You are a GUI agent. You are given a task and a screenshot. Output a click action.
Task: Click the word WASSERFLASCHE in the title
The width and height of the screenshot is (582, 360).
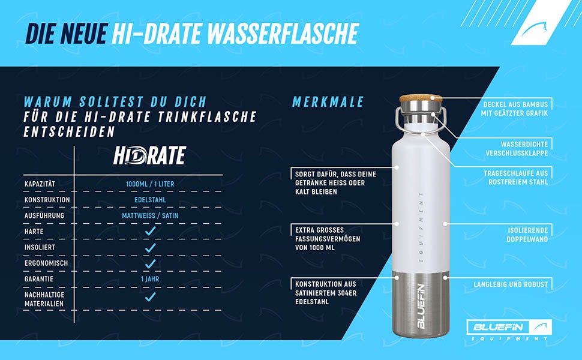[x=283, y=34]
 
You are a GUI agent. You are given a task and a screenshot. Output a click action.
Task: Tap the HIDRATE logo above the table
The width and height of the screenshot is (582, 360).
[x=149, y=155]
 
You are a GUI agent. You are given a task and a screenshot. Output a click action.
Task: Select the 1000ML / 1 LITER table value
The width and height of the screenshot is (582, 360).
[x=150, y=184]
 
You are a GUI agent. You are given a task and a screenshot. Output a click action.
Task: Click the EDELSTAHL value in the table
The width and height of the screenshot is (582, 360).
[x=150, y=200]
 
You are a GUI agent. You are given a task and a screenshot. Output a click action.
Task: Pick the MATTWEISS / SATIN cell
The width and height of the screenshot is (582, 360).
[x=150, y=215]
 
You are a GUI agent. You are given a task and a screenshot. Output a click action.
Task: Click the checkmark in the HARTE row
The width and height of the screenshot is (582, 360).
[x=151, y=231]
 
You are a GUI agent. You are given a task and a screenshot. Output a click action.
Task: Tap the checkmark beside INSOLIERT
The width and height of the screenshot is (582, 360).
[x=151, y=248]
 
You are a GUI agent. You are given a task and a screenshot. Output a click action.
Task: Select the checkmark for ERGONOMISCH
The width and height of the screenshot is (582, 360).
[x=151, y=263]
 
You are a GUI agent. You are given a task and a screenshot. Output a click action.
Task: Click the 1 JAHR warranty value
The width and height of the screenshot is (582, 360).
[x=150, y=279]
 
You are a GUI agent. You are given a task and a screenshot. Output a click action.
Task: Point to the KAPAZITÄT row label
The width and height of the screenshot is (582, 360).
[x=40, y=184]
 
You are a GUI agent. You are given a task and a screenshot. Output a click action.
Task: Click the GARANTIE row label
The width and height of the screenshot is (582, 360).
[x=39, y=279]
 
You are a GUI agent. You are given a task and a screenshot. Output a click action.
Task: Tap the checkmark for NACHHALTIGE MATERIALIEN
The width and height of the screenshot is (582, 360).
[x=151, y=296]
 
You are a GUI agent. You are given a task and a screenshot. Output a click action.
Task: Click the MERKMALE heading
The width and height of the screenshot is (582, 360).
[x=328, y=102]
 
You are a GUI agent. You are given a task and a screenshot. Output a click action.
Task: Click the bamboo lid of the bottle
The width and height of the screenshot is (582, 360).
[x=421, y=98]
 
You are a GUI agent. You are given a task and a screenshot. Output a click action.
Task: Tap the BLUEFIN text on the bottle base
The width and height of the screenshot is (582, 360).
[x=421, y=306]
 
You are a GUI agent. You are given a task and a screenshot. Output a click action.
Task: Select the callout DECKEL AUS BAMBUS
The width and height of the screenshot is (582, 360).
[x=514, y=109]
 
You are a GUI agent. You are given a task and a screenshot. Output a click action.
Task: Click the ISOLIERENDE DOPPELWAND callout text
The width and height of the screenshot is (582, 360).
[x=527, y=235]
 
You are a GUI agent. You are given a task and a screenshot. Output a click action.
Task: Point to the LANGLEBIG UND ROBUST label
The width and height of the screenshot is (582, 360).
[x=511, y=284]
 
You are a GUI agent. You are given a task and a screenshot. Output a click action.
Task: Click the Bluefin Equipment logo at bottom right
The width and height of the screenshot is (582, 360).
[x=509, y=330]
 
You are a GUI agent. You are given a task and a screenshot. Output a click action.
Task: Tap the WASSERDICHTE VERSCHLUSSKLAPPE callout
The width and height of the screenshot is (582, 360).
[x=517, y=148]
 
